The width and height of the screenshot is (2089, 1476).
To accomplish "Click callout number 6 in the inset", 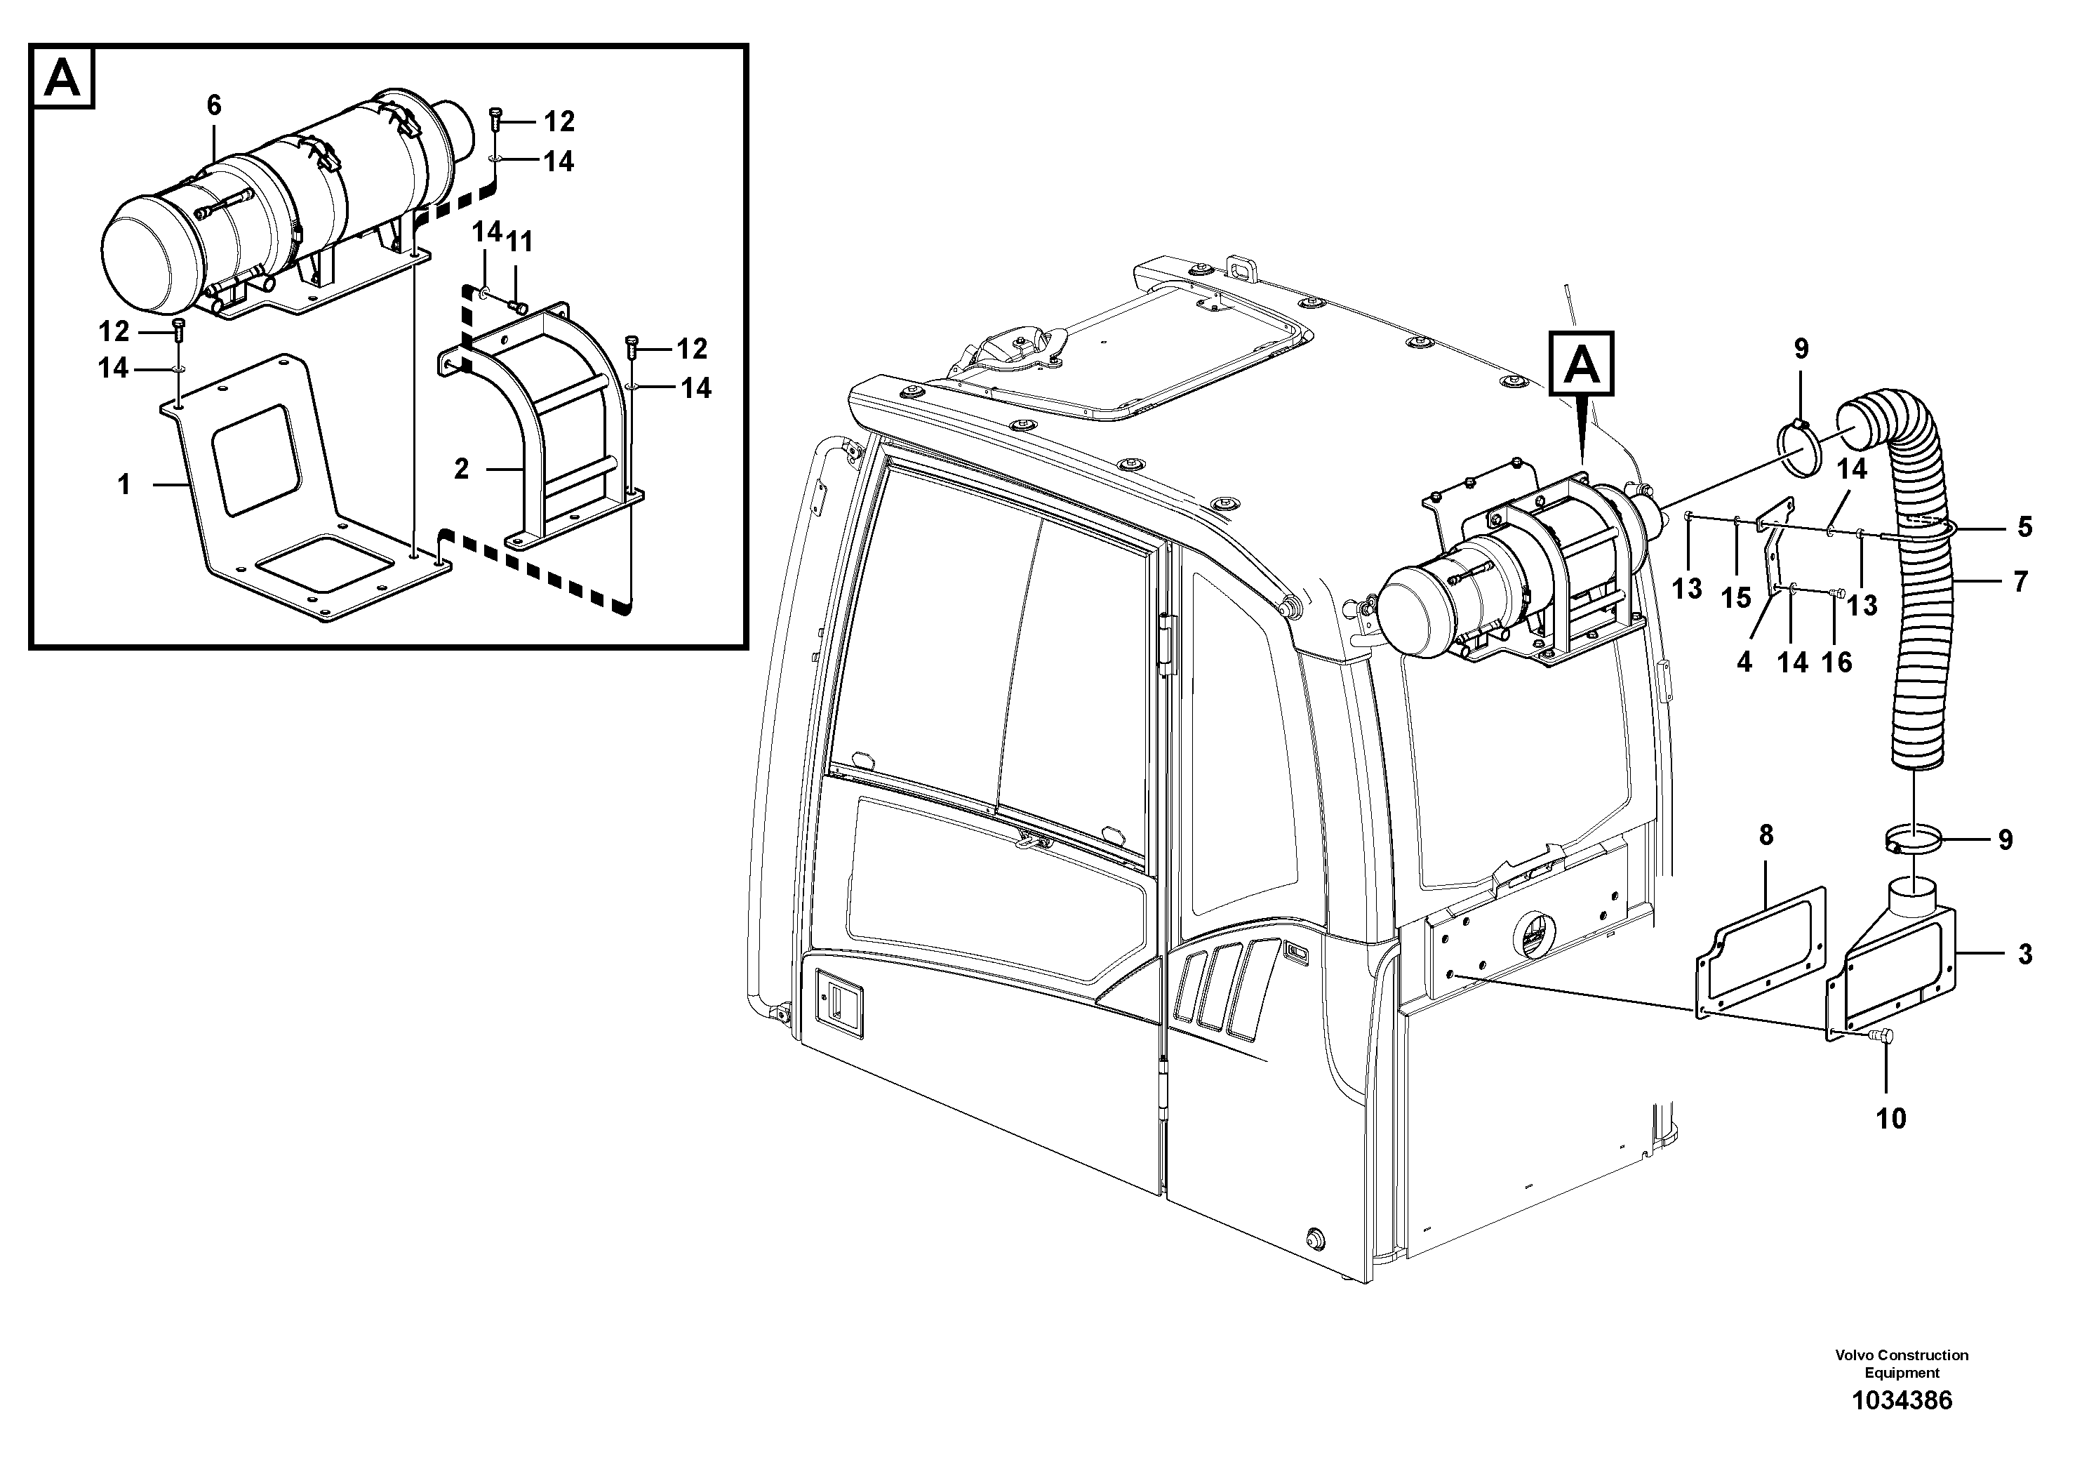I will click(x=214, y=105).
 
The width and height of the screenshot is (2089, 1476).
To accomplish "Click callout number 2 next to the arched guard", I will click(x=461, y=470).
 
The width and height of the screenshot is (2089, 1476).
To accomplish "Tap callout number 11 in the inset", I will click(x=519, y=242).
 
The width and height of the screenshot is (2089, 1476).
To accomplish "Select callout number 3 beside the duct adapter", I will click(x=2025, y=955).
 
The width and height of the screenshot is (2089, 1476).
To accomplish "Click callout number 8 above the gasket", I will click(x=1766, y=835).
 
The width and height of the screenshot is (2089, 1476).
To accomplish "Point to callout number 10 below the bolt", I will click(x=1890, y=1118).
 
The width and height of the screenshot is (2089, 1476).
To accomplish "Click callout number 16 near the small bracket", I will click(x=1837, y=662).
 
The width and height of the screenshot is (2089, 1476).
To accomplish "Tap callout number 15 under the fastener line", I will click(x=1736, y=598).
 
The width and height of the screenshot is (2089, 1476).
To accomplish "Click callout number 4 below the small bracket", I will click(x=1744, y=662).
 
